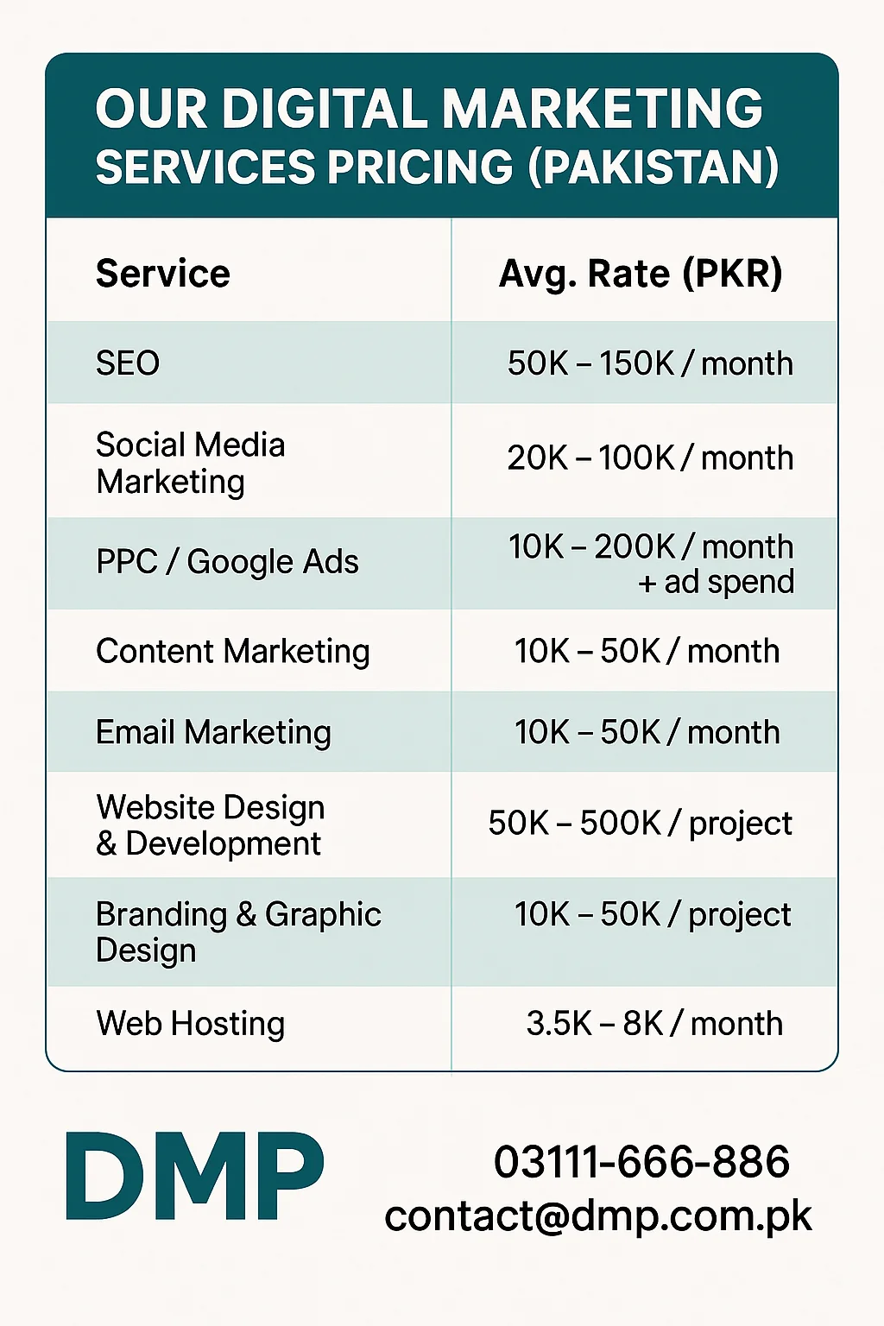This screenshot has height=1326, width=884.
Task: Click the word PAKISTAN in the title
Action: click(653, 167)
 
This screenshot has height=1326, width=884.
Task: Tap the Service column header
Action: click(163, 274)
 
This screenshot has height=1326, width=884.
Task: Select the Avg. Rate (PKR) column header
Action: click(641, 274)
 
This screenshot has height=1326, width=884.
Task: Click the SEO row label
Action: click(128, 363)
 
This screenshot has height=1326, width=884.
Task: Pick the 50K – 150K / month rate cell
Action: click(649, 363)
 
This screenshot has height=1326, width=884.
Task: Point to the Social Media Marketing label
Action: click(190, 463)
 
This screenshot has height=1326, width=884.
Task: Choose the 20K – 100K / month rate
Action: click(649, 458)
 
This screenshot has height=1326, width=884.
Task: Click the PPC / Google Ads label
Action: click(227, 562)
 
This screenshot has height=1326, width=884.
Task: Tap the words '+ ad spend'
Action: click(716, 583)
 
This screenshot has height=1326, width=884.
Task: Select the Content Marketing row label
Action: click(233, 651)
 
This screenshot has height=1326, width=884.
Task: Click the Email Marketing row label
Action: click(213, 732)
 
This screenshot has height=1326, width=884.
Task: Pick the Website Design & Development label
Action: click(210, 825)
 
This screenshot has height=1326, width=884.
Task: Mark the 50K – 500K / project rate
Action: click(640, 824)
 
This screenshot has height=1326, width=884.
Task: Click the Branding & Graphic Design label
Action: click(237, 931)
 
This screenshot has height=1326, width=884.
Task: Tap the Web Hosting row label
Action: click(190, 1024)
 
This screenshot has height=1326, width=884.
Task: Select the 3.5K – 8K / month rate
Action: click(654, 1024)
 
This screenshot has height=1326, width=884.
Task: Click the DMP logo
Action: click(195, 1177)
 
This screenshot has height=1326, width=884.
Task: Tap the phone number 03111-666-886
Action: click(641, 1162)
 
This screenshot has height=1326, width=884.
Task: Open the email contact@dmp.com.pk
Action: click(597, 1216)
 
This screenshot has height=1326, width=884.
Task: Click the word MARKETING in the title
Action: click(603, 110)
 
